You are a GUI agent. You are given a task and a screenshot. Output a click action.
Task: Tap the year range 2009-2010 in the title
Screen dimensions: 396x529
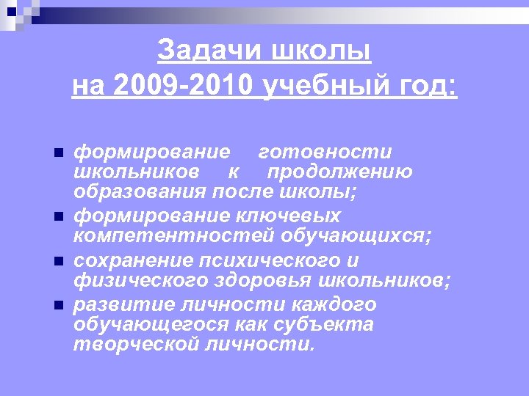[186, 87]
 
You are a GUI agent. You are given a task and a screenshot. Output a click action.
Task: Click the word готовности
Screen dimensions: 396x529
[325, 152]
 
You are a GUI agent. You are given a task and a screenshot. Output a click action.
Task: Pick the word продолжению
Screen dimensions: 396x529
[339, 172]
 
